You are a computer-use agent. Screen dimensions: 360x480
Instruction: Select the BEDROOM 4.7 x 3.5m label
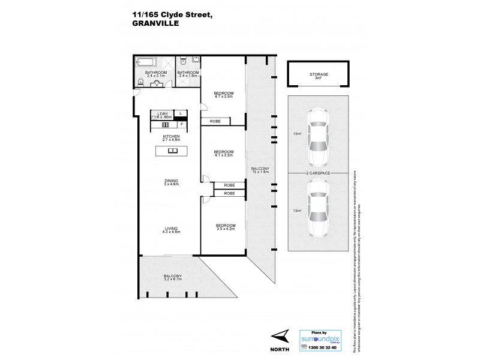(223, 95)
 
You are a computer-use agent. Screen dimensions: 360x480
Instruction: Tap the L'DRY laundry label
(163, 115)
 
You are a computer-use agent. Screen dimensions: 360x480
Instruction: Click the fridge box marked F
(182, 124)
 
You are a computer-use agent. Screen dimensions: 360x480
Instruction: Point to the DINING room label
(172, 182)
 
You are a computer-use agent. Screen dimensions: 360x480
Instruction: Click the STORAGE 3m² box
(319, 75)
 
